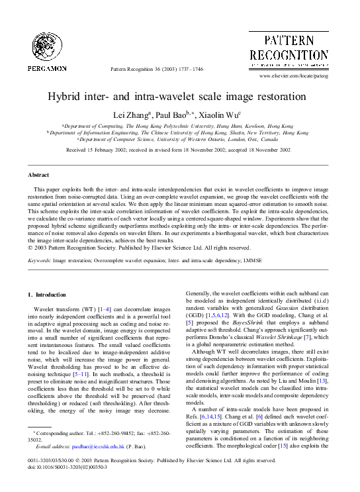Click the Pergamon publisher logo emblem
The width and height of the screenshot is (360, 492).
click(47, 46)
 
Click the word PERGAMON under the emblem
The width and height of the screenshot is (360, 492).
click(47, 68)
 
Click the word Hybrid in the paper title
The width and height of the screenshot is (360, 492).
click(64, 95)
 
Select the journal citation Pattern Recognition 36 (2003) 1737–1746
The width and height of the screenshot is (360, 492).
click(157, 69)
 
